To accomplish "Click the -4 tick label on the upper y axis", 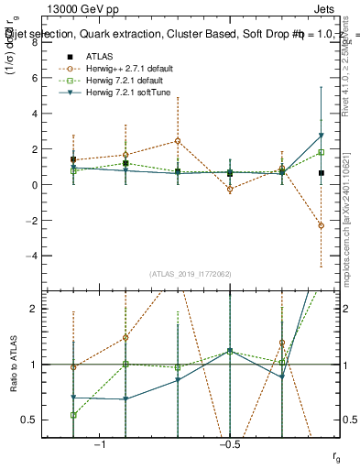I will click(36, 256).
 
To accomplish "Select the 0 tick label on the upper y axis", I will click(38, 185).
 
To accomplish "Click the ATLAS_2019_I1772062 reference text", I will click(190, 274).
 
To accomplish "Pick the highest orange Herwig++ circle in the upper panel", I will click(178, 140).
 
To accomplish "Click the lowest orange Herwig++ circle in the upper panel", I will click(321, 225).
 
